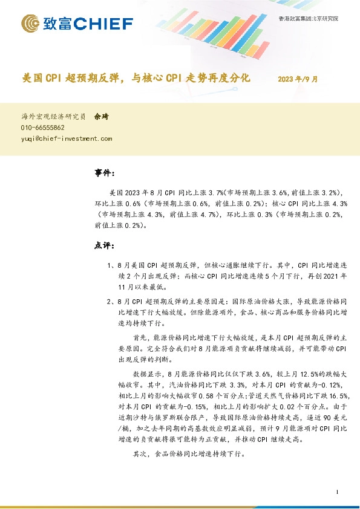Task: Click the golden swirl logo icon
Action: (x=31, y=24)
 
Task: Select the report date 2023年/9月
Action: (x=298, y=79)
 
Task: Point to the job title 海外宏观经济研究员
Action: (x=53, y=117)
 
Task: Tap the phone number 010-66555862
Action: (x=43, y=128)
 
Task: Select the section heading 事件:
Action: (x=105, y=173)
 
